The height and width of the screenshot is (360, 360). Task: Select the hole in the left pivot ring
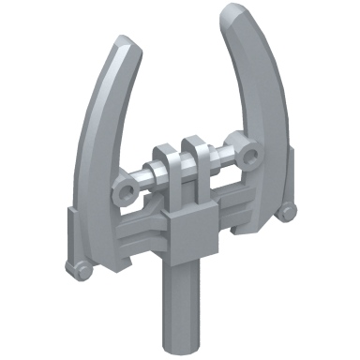[125, 191]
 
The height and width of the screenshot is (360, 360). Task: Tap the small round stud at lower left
[82, 271]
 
